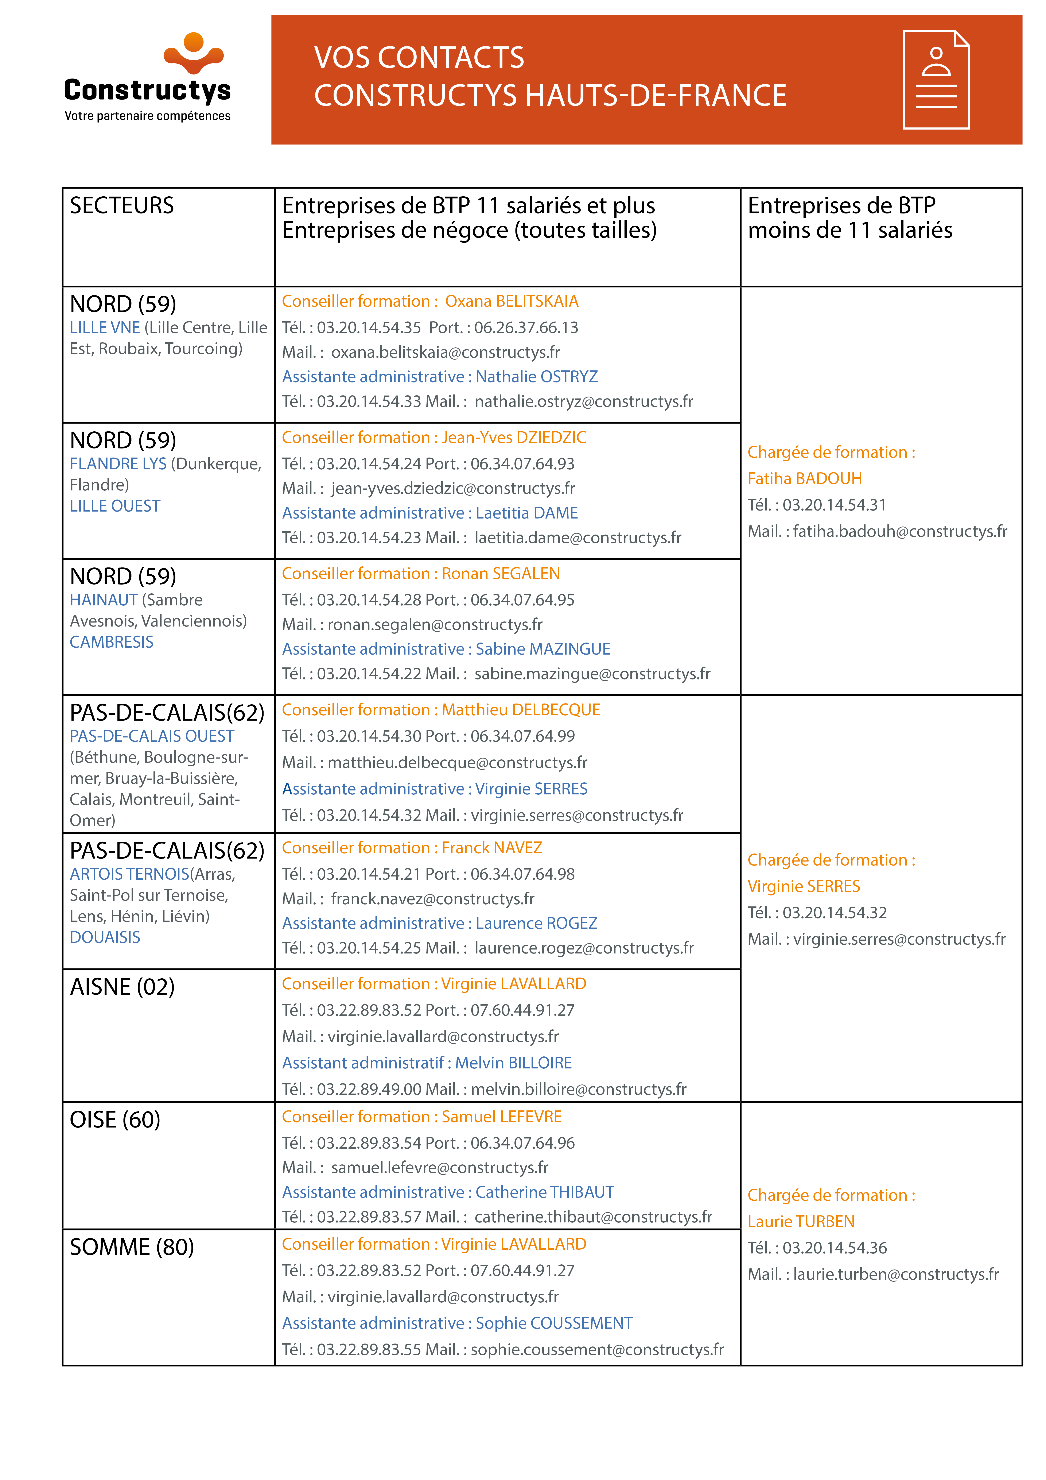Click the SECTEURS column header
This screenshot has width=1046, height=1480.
(122, 206)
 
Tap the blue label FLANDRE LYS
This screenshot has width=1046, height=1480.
(118, 464)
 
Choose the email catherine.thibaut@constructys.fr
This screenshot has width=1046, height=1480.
(593, 1217)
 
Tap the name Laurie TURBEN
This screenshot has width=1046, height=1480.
(801, 1222)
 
